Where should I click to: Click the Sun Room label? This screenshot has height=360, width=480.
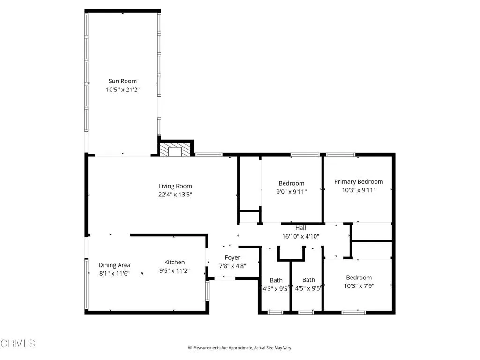[123, 81]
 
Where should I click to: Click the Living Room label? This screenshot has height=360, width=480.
[175, 186]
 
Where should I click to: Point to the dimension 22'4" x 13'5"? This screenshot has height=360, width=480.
[175, 194]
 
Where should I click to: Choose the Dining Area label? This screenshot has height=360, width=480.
[114, 265]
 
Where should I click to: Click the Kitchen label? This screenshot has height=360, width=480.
[174, 262]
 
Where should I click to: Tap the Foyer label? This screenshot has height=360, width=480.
[232, 258]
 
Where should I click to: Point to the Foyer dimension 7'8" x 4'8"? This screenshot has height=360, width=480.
[232, 266]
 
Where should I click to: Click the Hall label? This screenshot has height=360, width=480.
[300, 228]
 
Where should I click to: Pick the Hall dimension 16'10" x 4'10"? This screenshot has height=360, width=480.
[300, 236]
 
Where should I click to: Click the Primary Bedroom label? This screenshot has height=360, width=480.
[359, 182]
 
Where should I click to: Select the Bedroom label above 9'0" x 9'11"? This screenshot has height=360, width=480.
[292, 183]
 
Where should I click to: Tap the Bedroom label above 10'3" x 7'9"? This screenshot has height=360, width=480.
[359, 277]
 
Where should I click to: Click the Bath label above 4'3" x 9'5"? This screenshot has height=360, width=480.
[276, 280]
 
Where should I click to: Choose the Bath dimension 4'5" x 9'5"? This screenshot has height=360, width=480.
[308, 289]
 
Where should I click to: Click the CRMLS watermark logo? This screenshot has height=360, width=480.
[18, 344]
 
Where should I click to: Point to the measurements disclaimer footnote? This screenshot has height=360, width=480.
[240, 348]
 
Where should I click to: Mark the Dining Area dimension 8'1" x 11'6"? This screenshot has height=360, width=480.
[114, 273]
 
